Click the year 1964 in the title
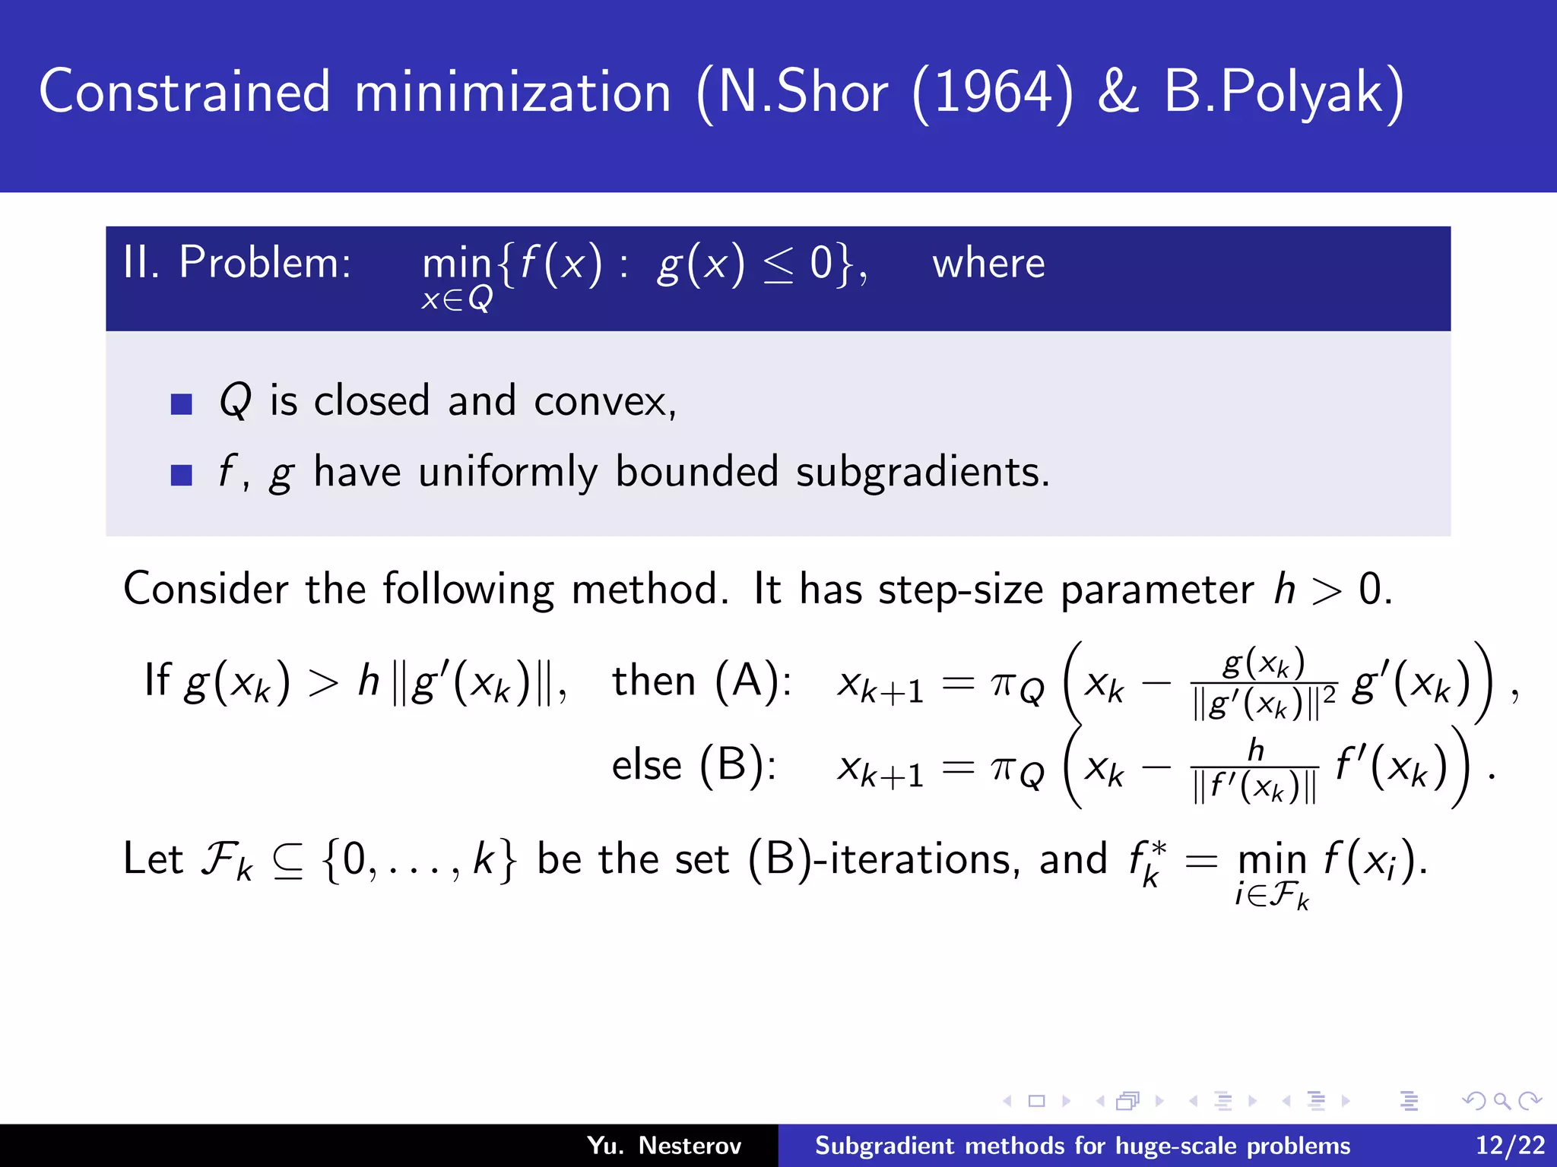(x=992, y=93)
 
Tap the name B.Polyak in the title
(x=1284, y=93)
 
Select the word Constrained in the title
(x=185, y=93)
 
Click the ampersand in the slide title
(x=1119, y=93)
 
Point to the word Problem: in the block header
(x=265, y=263)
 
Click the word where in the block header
(x=988, y=264)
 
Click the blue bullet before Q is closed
(x=182, y=403)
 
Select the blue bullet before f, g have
(x=182, y=475)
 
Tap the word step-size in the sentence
(x=960, y=590)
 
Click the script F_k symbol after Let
(x=226, y=862)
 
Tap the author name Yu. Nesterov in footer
(x=664, y=1146)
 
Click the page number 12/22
(x=1510, y=1146)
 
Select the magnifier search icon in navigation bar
(x=1501, y=1101)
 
